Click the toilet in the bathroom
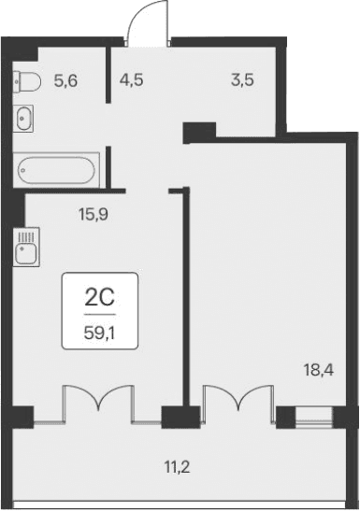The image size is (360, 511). (x=25, y=82)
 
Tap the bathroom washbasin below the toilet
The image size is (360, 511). (x=24, y=118)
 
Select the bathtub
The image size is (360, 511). (x=55, y=171)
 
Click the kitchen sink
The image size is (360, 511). (x=24, y=248)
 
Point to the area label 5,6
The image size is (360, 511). (x=65, y=81)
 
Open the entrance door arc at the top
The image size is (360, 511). (x=147, y=24)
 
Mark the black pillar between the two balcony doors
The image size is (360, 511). (x=174, y=416)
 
